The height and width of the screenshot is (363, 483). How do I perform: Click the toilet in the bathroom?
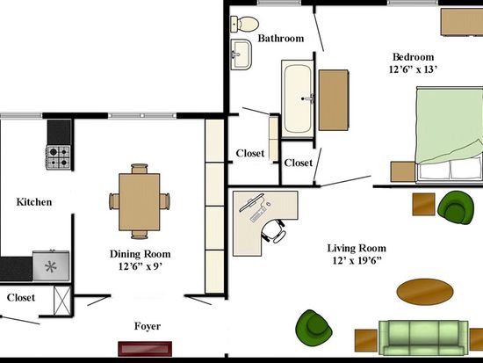tap(245, 24)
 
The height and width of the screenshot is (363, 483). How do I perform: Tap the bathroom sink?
tap(241, 54)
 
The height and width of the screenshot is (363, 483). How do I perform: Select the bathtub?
tap(297, 98)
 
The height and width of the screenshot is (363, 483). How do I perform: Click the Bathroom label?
tap(281, 39)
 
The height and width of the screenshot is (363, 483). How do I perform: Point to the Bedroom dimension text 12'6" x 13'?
tap(413, 69)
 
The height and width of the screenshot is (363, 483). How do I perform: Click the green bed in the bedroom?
tap(449, 134)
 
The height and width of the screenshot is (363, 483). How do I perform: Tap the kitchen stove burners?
tap(58, 157)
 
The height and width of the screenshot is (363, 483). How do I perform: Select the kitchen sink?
tap(51, 265)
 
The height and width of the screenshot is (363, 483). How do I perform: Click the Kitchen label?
tap(34, 202)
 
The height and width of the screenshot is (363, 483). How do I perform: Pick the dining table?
tap(140, 201)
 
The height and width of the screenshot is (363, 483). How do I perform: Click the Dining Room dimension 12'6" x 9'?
tap(141, 266)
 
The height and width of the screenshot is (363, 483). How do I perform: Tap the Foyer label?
tap(148, 326)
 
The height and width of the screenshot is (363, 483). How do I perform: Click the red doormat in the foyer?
tap(145, 349)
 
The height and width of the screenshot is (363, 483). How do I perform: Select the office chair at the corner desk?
tap(273, 230)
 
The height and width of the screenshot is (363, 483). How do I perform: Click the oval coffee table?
tap(425, 292)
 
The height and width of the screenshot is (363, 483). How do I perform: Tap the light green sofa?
tap(423, 338)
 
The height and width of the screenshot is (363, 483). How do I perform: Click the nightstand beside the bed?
tap(403, 171)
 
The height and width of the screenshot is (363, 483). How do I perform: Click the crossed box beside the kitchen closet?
tap(62, 301)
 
